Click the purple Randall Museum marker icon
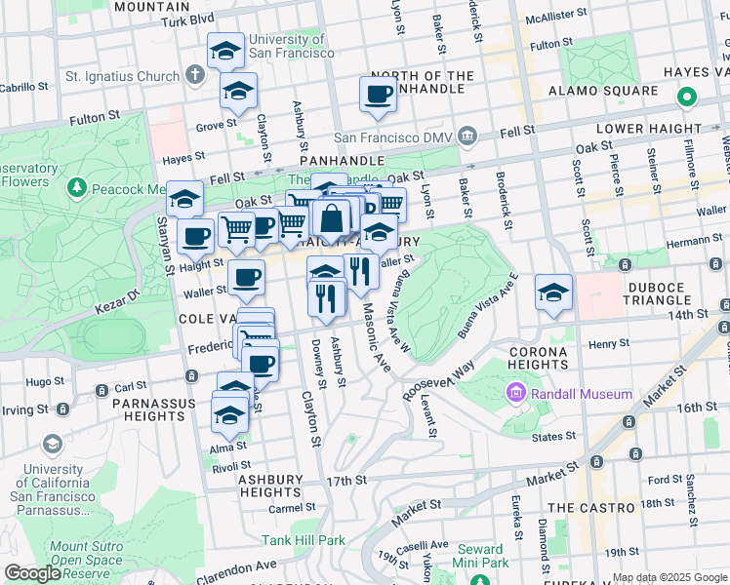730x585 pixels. point(515,394)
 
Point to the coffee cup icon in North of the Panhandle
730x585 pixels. point(378,94)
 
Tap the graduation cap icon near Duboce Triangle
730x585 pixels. point(553,292)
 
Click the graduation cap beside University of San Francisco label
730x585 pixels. point(226,51)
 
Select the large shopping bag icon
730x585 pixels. point(331,218)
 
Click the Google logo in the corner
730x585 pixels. point(32,572)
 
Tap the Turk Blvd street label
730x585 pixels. point(187,19)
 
